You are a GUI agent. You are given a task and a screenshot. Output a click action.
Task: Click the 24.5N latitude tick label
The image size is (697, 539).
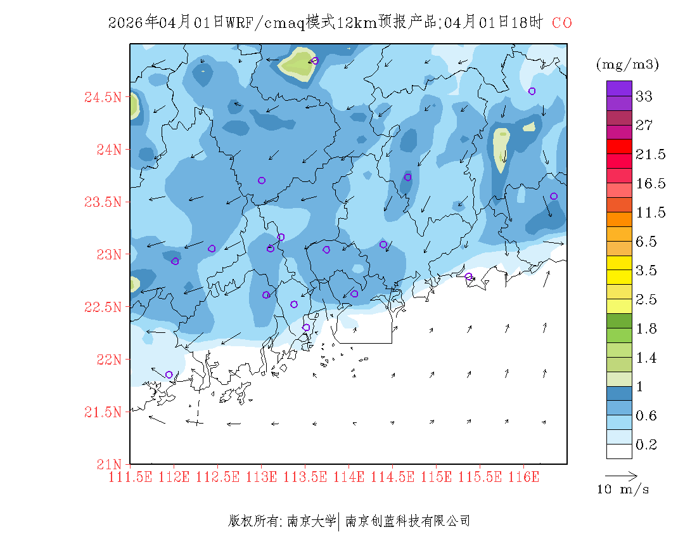click(x=102, y=97)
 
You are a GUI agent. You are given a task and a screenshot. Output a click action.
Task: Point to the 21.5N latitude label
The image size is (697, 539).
click(x=102, y=412)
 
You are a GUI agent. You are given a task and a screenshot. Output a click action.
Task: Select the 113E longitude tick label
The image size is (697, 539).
click(x=262, y=476)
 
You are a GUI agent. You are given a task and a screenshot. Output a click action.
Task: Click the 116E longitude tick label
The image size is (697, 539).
click(x=523, y=476)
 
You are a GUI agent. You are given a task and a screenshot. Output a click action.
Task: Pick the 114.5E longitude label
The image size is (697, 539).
click(x=393, y=476)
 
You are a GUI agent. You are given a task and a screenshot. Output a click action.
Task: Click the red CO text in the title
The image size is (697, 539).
click(x=561, y=23)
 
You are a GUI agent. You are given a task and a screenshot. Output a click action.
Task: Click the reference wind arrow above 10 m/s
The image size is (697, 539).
click(x=620, y=474)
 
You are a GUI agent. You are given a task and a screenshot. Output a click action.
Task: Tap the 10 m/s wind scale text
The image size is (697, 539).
click(x=623, y=490)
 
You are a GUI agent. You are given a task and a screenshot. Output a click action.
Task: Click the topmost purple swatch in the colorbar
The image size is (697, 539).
click(x=619, y=88)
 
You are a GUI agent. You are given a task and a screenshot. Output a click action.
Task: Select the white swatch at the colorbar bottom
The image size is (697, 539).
click(x=619, y=451)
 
